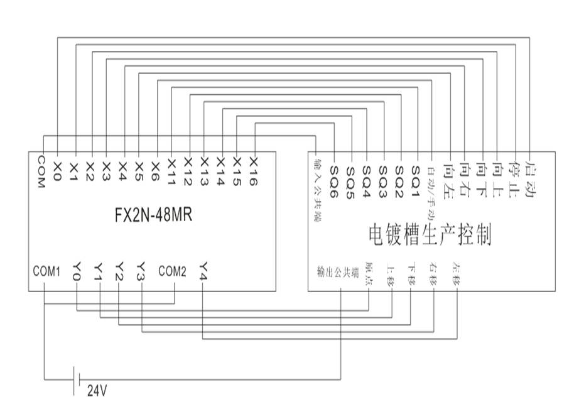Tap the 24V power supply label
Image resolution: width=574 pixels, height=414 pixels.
pos(96,391)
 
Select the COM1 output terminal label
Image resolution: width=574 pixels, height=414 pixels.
pos(46,271)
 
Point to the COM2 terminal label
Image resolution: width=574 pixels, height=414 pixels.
pos(172,271)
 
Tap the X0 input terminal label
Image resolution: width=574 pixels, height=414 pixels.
pos(58,170)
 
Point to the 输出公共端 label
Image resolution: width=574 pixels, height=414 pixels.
pos(337,271)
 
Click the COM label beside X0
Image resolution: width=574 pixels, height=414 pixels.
pos(41,172)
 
